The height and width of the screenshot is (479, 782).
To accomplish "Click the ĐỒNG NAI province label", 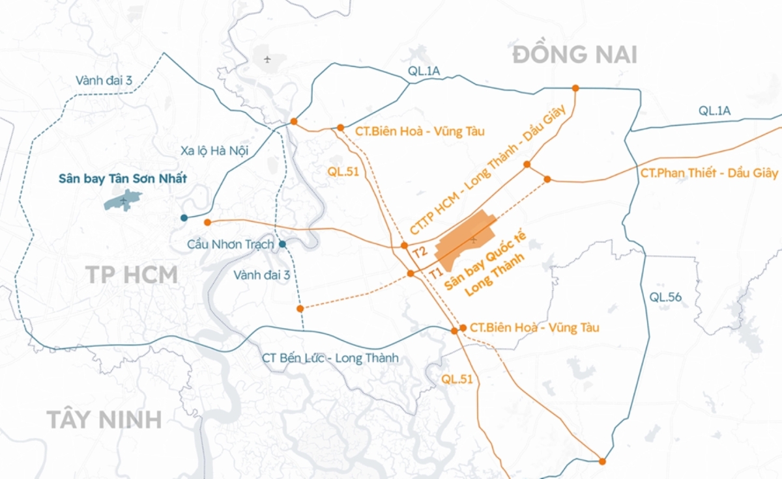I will click(575, 55).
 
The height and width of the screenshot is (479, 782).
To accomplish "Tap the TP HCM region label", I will click(132, 275).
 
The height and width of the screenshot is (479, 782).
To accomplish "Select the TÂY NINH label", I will click(104, 420).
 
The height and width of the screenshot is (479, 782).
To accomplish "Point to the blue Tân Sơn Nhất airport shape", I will click(123, 200).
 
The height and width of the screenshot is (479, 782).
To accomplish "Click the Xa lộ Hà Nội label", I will click(215, 151).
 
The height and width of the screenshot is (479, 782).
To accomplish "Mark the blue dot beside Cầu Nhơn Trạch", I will click(282, 245).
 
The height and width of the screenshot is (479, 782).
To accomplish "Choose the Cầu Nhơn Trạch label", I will click(230, 245).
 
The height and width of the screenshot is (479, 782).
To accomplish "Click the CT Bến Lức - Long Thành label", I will click(330, 358).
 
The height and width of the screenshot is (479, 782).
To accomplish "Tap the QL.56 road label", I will click(665, 297).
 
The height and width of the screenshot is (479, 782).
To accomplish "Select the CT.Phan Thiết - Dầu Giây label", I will click(709, 173).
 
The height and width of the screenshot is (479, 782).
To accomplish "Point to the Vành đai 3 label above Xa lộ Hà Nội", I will click(104, 81).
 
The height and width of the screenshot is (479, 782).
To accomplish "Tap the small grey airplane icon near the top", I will click(267, 60).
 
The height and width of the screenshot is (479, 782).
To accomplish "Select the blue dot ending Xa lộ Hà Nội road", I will click(184, 218).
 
